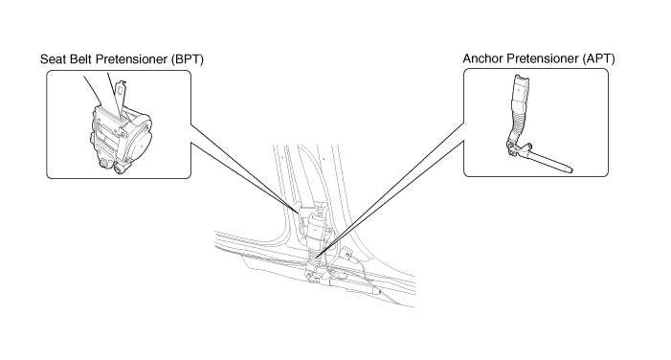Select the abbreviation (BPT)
point(187,59)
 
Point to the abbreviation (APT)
point(598,58)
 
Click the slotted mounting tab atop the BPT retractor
point(122,97)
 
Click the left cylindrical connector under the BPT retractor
point(103,164)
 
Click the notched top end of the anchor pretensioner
point(522,79)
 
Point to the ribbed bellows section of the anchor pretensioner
point(519,121)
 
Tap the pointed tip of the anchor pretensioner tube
point(571,170)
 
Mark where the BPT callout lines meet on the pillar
point(299,212)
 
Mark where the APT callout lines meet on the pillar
point(316,258)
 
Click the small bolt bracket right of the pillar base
point(347,255)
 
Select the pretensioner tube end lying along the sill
point(375,291)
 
